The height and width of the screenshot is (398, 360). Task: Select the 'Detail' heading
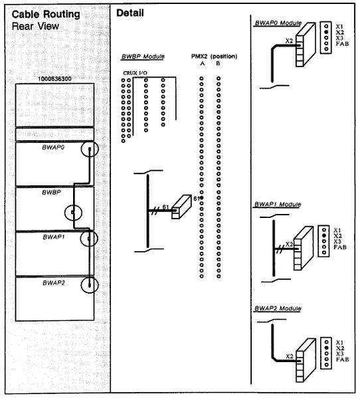click(x=130, y=13)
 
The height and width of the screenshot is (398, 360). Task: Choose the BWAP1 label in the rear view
click(x=54, y=235)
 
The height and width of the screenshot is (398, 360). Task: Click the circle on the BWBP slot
click(x=72, y=213)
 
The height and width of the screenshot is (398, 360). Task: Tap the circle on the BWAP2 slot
click(x=88, y=285)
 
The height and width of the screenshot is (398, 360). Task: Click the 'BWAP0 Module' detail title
click(x=278, y=22)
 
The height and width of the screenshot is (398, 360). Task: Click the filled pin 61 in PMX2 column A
click(x=201, y=199)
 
